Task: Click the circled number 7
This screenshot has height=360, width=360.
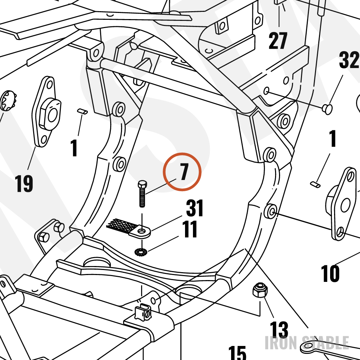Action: (x=184, y=171)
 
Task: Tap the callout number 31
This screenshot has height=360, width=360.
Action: (x=194, y=208)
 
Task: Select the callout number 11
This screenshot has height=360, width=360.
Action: (x=190, y=229)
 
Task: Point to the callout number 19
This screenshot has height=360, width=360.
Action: (x=24, y=183)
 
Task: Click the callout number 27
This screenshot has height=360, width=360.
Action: (x=278, y=41)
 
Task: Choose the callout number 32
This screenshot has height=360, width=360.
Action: (x=349, y=60)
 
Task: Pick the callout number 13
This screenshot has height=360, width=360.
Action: (x=279, y=329)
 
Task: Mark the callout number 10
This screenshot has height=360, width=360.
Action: (x=330, y=273)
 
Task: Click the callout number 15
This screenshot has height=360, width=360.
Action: (x=237, y=353)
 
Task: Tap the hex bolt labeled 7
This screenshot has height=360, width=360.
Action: (x=142, y=194)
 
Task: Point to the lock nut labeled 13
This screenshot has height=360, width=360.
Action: (x=260, y=290)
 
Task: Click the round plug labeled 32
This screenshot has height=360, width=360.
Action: (x=327, y=109)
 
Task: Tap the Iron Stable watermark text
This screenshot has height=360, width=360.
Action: (x=307, y=343)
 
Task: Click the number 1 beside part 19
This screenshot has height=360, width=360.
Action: (x=74, y=148)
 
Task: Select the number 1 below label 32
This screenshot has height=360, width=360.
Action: (x=333, y=139)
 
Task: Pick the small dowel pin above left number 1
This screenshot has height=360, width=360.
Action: (x=82, y=111)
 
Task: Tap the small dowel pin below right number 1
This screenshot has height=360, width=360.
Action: (x=315, y=184)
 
